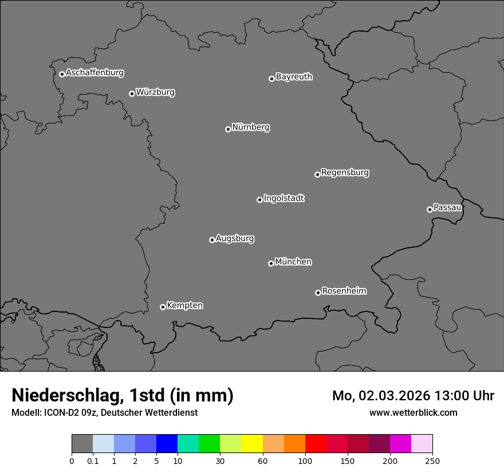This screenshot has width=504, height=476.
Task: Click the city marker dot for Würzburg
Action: coord(132,93)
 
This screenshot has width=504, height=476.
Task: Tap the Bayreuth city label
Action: coord(294,76)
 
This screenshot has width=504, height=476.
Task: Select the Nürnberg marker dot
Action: coord(228,129)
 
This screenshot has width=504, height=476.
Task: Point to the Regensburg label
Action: coord(345,172)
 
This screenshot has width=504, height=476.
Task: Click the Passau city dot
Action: coord(430,209)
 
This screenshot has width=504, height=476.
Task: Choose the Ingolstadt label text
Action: coord(283,198)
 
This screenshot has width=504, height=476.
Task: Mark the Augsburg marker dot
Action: coord(212,240)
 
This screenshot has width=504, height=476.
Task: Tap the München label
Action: coord(293,262)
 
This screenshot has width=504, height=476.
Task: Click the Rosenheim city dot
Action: coord(318,292)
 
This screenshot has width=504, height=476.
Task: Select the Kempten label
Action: coord(184,305)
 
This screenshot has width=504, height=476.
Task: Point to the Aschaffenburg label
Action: coord(94,73)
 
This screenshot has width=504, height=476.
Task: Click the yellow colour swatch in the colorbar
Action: coord(252,444)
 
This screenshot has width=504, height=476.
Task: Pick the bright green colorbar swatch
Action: coord(209,444)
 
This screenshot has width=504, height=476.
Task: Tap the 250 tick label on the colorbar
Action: coord(432,461)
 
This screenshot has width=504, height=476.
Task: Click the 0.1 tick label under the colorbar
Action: coord(93,461)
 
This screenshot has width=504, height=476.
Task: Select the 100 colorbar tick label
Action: coord(305,461)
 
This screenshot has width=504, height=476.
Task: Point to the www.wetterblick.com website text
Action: coord(413,412)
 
